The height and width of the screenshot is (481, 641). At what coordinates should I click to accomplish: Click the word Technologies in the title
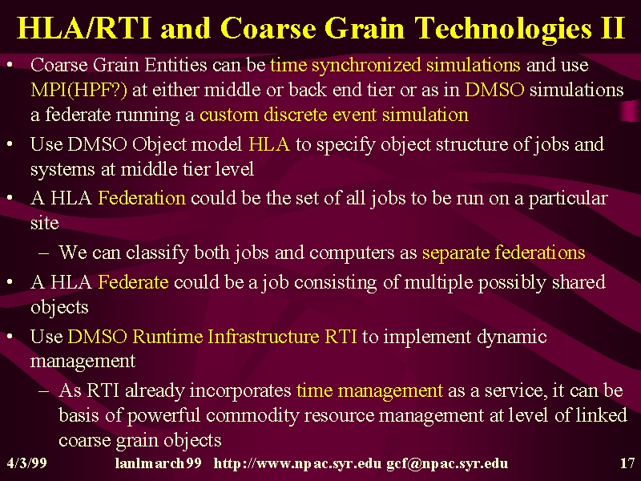coord(502,30)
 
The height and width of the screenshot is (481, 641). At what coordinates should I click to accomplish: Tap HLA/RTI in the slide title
coord(84,29)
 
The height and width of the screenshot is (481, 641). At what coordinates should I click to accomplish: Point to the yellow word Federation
coord(142,198)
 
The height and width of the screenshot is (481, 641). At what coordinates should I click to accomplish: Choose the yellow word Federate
coord(133,282)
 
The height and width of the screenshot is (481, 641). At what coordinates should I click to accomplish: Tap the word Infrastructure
coord(264,337)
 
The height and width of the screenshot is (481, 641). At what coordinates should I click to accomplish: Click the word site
coord(44,224)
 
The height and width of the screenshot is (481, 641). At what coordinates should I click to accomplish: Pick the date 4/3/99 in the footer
coord(27,463)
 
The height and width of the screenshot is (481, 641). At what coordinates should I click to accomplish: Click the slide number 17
coord(627,463)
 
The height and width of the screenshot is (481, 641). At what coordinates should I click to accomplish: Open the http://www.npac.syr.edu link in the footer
coord(297,464)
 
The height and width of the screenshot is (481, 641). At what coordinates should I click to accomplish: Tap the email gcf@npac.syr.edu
coord(447,464)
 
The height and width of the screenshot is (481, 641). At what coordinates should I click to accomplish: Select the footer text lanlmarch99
coord(158,463)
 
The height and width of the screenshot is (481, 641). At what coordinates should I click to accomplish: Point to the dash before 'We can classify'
coord(43,253)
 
